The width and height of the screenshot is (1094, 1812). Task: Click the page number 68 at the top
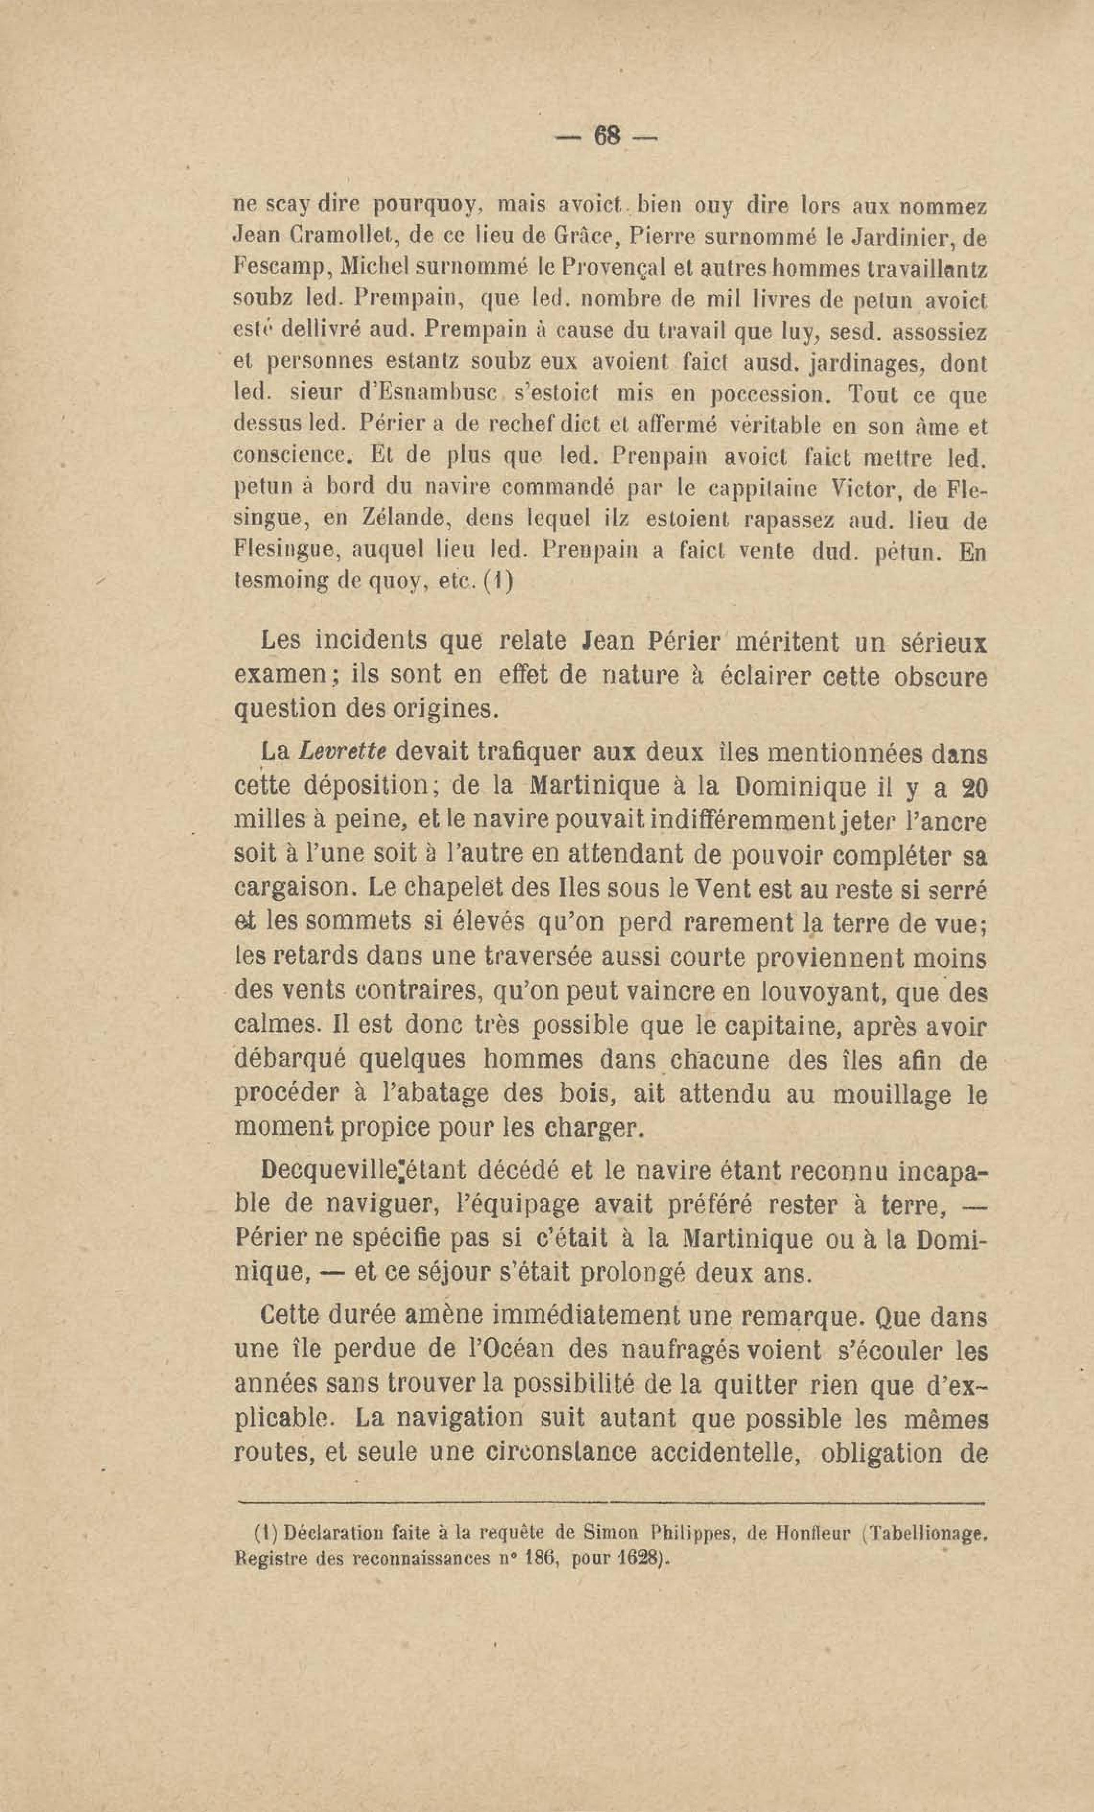pos(606,136)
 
